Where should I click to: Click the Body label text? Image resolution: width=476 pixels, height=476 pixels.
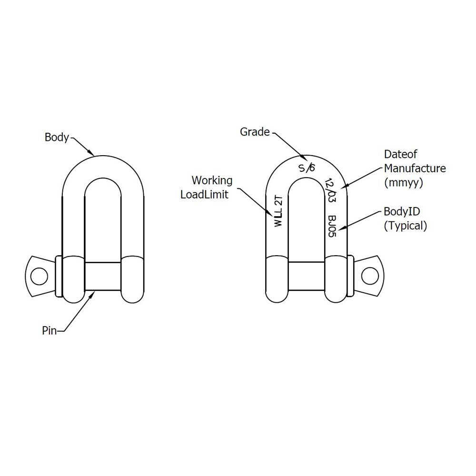point(57,138)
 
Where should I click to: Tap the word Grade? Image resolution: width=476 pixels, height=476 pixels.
point(254,132)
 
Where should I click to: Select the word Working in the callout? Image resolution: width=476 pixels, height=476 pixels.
point(212,180)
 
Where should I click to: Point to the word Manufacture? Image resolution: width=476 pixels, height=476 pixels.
point(415,168)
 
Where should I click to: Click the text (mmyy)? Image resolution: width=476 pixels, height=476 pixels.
point(404,182)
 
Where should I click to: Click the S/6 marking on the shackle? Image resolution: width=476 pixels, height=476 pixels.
point(306,168)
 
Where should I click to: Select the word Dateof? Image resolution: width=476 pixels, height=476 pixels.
point(399,154)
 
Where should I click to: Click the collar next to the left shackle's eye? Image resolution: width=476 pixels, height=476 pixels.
point(59,277)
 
